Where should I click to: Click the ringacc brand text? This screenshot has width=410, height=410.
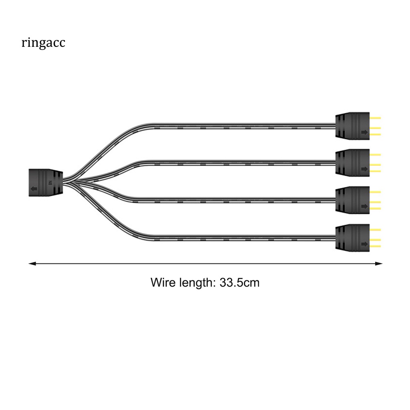tap(43, 43)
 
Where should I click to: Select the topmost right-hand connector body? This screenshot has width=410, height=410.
tap(352, 125)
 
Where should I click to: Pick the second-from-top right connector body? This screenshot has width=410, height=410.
tap(352, 162)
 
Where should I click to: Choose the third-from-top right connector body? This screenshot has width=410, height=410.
tap(352, 199)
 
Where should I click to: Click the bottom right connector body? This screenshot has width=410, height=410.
tap(352, 237)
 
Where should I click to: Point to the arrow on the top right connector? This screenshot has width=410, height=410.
tap(364, 132)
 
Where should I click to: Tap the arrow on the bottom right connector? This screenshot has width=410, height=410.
tap(364, 244)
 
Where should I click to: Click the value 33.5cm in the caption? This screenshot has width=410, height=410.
tap(239, 283)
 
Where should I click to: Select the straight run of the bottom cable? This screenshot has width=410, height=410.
tap(240, 239)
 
